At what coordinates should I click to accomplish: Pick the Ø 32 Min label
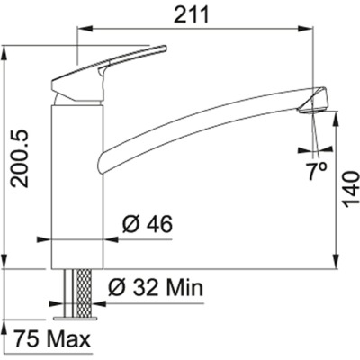156,289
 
